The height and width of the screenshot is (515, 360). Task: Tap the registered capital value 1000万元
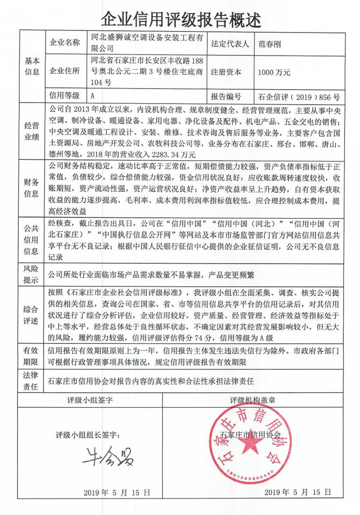click(274, 72)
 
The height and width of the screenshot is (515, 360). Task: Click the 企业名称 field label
click(64, 44)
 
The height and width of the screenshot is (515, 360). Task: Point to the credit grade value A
click(92, 96)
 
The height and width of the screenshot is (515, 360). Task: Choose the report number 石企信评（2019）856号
click(298, 96)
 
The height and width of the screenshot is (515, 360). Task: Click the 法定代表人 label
click(229, 44)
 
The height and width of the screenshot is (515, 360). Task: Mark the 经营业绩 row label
click(31, 131)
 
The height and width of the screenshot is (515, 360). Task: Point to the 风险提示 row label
click(31, 274)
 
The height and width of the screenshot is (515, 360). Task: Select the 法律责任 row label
click(31, 380)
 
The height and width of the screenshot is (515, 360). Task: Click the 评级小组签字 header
click(90, 400)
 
